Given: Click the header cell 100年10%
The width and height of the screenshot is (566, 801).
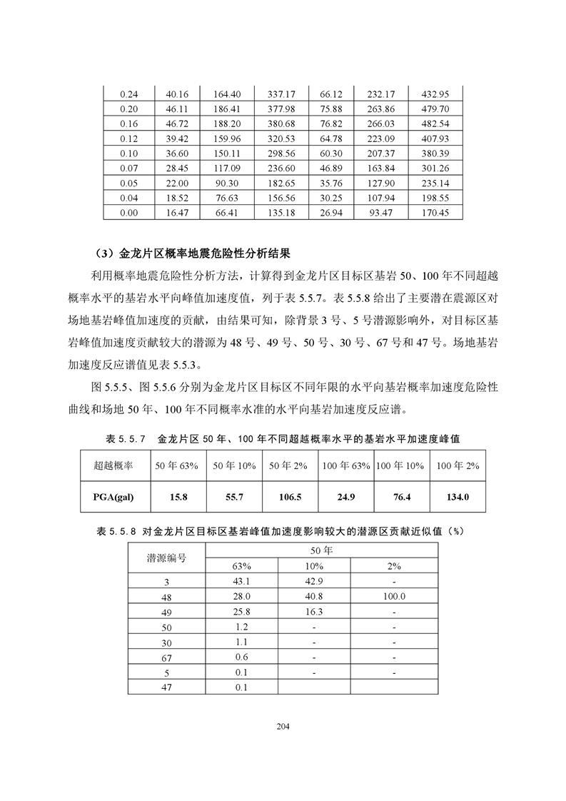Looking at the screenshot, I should pos(400,465).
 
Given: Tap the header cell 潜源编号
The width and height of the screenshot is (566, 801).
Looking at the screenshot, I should pos(167,558).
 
